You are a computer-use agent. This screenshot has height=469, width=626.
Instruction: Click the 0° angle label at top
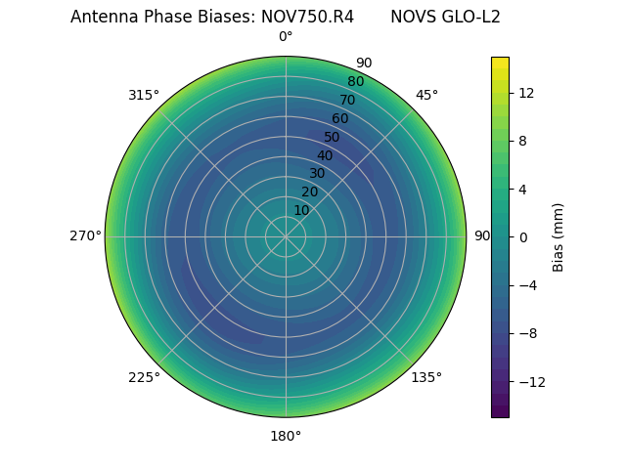286,37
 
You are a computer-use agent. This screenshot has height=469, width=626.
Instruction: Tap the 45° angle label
426,95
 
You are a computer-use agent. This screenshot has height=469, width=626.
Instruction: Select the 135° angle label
426,377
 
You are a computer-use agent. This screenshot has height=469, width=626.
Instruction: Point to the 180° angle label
286,436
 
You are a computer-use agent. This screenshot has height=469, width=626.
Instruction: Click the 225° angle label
144,377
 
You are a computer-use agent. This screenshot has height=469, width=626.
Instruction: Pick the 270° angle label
85,236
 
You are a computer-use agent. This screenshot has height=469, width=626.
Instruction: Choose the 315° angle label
144,95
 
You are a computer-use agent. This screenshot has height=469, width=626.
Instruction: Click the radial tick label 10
301,210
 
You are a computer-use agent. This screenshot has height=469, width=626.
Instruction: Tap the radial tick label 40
325,155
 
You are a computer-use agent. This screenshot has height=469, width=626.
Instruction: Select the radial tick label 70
348,100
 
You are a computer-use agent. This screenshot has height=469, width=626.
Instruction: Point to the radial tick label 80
356,81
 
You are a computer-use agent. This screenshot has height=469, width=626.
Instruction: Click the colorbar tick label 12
525,93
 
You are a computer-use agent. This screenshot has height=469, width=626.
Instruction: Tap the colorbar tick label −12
529,381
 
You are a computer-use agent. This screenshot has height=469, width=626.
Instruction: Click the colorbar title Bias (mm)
559,236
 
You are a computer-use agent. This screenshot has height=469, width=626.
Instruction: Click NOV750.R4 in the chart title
307,17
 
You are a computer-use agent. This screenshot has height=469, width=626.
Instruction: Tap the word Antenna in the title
100,17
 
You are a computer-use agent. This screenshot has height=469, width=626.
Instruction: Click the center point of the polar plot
286,236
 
